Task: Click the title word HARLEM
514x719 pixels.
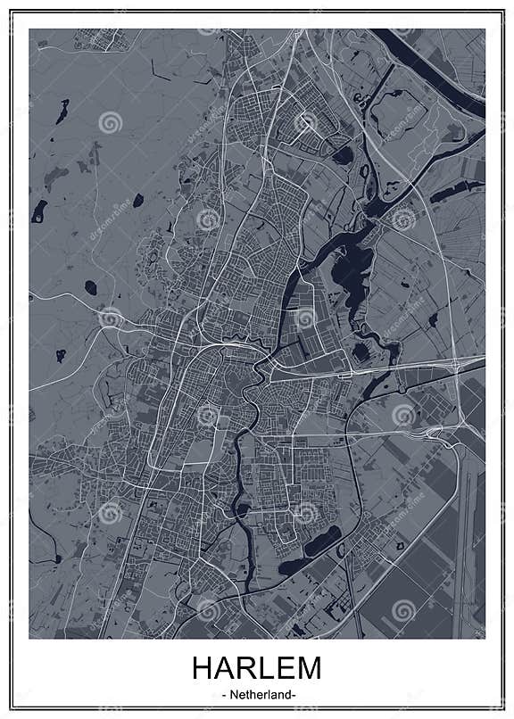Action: [x=256, y=669]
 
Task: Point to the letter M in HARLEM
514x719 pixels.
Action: [x=308, y=669]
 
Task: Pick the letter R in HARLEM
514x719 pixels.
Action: [x=246, y=669]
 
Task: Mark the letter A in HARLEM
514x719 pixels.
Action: [x=225, y=669]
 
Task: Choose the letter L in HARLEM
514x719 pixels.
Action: [x=266, y=669]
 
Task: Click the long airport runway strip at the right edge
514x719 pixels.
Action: [x=465, y=535]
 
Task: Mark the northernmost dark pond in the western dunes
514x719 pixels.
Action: [x=62, y=112]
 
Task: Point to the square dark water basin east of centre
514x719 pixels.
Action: [x=360, y=351]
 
